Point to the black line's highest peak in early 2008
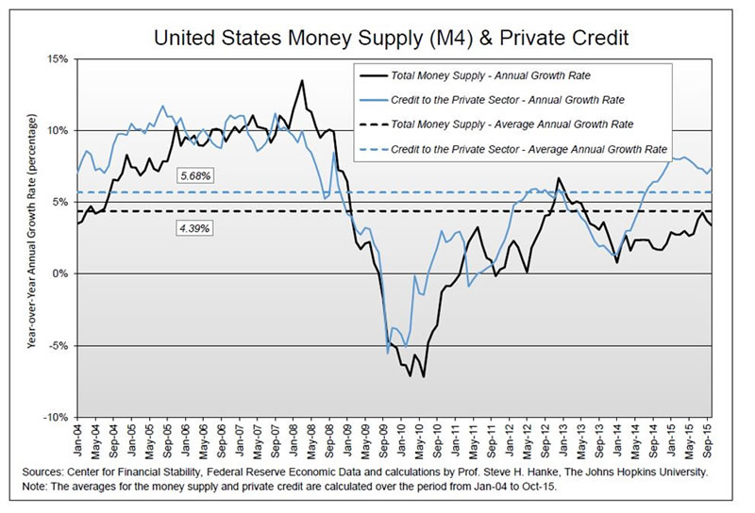coord(302,80)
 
